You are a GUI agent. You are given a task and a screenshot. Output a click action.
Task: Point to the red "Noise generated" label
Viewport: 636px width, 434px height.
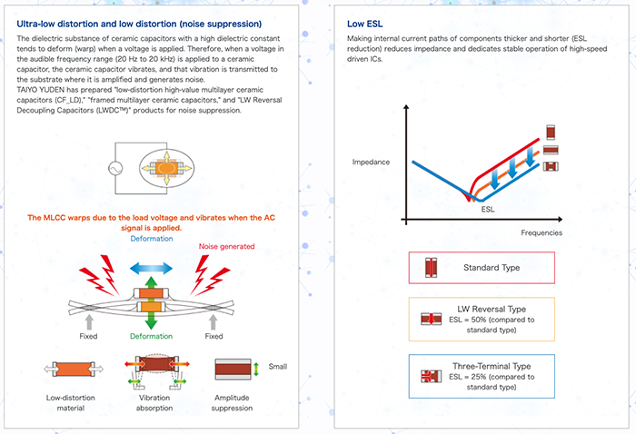(225, 246)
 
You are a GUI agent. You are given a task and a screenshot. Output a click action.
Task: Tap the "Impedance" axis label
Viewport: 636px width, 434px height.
(370, 163)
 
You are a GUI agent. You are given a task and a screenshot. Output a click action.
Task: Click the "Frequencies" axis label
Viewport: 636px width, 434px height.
(541, 232)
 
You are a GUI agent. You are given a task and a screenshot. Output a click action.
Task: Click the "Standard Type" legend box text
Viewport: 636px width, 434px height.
(495, 268)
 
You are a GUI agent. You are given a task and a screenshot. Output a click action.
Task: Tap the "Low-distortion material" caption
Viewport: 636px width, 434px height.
(71, 402)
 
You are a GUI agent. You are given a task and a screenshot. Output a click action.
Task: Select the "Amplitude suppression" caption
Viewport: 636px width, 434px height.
(233, 402)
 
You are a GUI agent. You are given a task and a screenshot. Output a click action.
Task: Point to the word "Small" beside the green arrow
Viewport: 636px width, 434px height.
(278, 367)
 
